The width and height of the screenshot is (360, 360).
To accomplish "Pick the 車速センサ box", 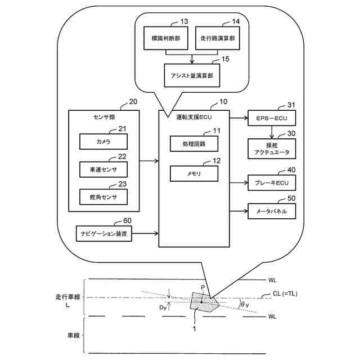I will click(x=103, y=169).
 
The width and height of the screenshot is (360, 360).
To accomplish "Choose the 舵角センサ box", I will click(x=103, y=196).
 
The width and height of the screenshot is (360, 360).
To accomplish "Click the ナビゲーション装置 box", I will click(x=104, y=232).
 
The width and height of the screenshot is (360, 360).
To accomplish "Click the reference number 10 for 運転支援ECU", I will click(x=224, y=103).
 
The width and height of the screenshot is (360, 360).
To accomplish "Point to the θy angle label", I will click(x=244, y=304).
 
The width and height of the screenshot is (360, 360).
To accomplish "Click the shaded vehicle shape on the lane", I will click(x=202, y=303).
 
